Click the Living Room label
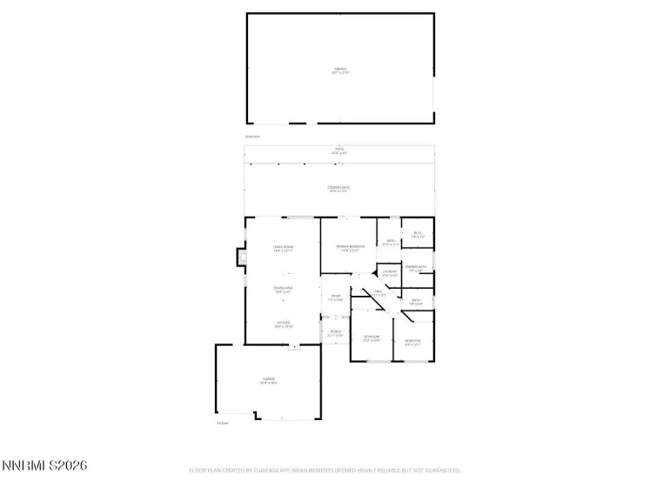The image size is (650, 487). [x=284, y=250]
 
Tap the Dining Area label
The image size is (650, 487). [x=284, y=290]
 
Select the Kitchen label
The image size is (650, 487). [x=284, y=324]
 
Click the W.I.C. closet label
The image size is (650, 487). [x=418, y=234]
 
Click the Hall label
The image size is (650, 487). [x=379, y=294]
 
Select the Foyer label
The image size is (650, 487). [x=335, y=298]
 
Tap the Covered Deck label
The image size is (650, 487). [x=339, y=189]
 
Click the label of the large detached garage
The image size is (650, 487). [x=339, y=70]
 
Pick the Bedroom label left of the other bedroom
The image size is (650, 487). [x=372, y=338]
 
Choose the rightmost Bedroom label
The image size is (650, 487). [x=412, y=342]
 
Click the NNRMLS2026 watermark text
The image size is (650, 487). [x=44, y=467]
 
